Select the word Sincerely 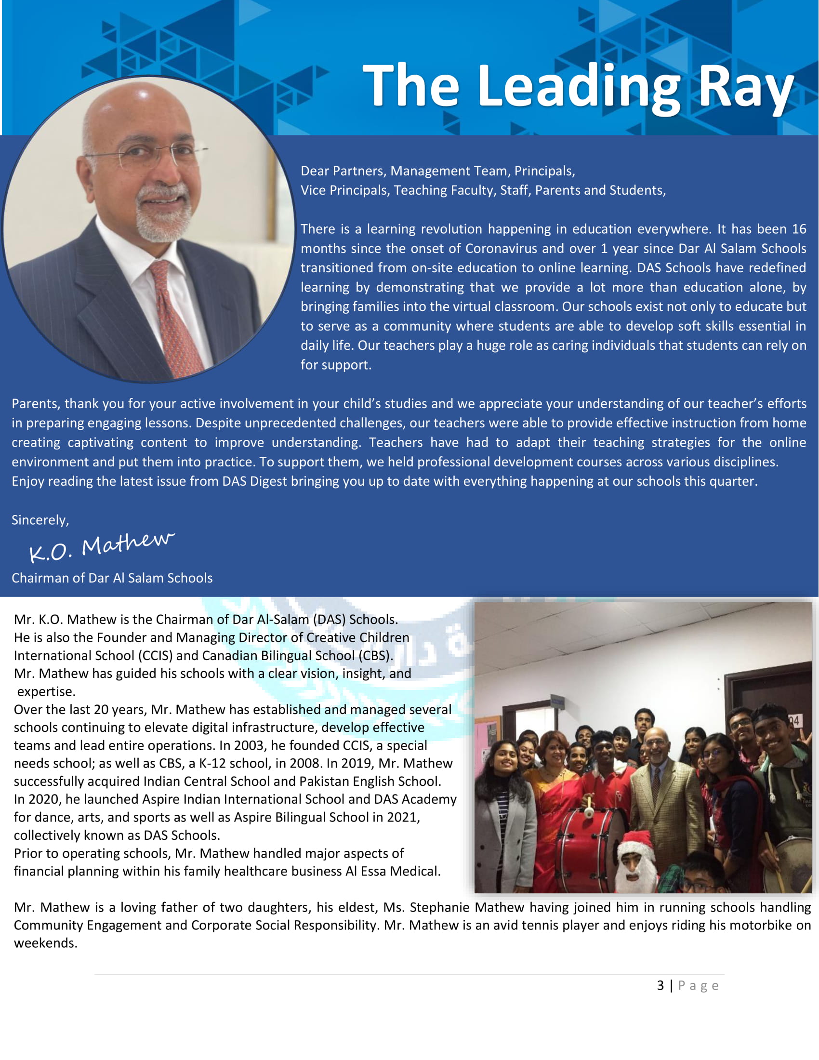click(40, 520)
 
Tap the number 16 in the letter click(799, 229)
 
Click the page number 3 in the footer click(660, 986)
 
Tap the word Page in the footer click(698, 986)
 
